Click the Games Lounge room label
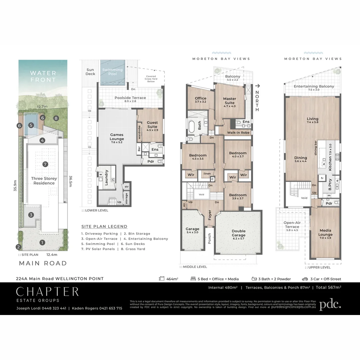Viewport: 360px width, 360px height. coord(117,137)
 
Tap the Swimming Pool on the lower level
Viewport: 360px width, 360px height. coord(113,71)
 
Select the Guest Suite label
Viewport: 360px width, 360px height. coord(152,125)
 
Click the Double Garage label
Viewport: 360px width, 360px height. coord(238,233)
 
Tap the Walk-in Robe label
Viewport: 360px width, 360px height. coord(238,133)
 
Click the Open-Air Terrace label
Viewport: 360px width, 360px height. coord(291,225)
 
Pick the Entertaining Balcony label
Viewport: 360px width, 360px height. coord(314,86)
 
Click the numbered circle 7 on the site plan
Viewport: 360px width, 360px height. coord(45,164)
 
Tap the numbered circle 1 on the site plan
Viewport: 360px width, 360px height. coord(42,242)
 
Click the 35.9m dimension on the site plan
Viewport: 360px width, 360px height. coord(15,188)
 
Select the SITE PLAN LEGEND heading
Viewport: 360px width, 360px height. coord(104,226)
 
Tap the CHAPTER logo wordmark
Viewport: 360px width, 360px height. coord(47,292)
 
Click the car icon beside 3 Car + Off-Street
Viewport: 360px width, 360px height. coord(305,279)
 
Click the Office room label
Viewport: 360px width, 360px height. coord(200,100)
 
